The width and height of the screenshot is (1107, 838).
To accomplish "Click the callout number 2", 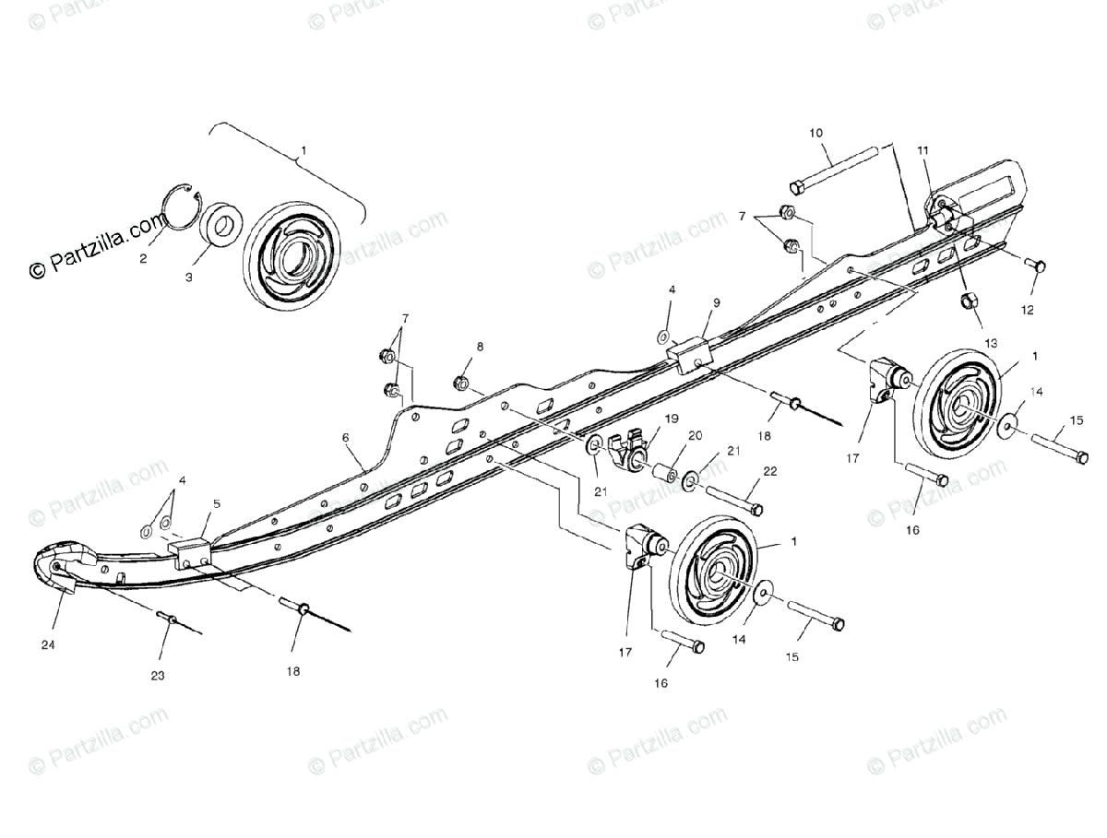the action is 143,259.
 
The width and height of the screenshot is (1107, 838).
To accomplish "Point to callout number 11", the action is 922,149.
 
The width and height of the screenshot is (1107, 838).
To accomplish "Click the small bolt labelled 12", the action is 1036,265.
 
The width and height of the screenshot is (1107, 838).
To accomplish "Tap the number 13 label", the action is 991,342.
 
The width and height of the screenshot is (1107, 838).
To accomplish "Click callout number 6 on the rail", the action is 346,440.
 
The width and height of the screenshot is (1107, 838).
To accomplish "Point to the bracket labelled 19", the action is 629,445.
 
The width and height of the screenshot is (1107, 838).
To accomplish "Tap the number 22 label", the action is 769,471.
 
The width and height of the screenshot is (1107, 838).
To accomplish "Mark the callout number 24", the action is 48,645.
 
